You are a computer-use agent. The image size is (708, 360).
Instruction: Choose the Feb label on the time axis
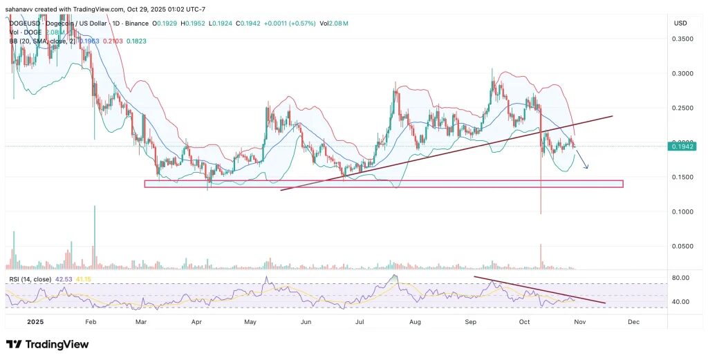pos(91,321)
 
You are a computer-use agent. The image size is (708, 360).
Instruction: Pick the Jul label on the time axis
pos(360,321)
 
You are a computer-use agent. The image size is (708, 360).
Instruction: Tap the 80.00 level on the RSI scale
pos(681,278)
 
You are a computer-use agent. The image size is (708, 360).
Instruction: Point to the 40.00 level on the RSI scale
pos(681,302)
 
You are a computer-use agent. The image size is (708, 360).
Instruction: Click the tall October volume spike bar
pos(541,256)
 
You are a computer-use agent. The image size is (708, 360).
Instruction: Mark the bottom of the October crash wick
pos(541,213)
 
